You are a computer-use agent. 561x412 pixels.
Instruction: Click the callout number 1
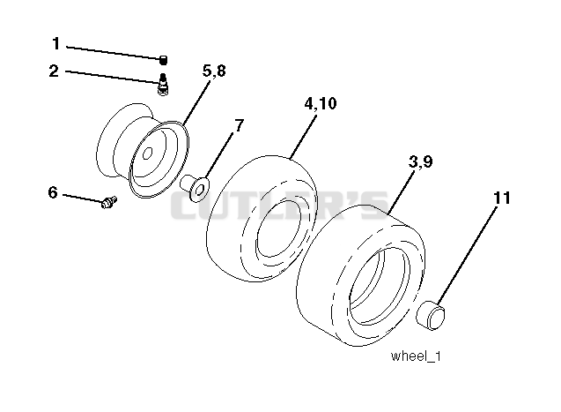(x=55, y=44)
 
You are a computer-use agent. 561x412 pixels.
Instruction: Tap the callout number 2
(x=54, y=71)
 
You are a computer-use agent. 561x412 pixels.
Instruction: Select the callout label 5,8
(x=214, y=71)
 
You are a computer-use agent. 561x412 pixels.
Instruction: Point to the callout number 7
(x=239, y=125)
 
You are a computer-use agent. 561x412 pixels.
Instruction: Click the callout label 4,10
(x=321, y=103)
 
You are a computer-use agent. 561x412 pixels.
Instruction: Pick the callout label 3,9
(x=420, y=161)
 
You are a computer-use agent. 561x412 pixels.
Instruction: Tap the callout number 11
(x=502, y=198)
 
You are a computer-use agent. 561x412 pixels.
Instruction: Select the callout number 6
(x=53, y=192)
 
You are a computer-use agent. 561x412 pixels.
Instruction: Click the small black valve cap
(x=163, y=60)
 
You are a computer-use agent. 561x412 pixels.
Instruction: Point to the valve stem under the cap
(x=163, y=84)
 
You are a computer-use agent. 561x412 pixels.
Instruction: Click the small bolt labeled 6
(x=109, y=202)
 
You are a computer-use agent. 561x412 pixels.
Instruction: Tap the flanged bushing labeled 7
(x=195, y=187)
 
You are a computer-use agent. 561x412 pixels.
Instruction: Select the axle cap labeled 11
(x=431, y=316)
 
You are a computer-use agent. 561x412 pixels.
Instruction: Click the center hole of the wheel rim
(x=147, y=154)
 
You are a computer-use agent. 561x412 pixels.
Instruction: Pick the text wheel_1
(x=416, y=356)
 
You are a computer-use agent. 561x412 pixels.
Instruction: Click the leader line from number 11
(x=467, y=256)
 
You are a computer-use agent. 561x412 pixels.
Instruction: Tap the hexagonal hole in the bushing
(x=201, y=190)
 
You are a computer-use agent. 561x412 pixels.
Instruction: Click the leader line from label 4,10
(x=303, y=136)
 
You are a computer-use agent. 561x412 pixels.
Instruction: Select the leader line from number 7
(x=219, y=155)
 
